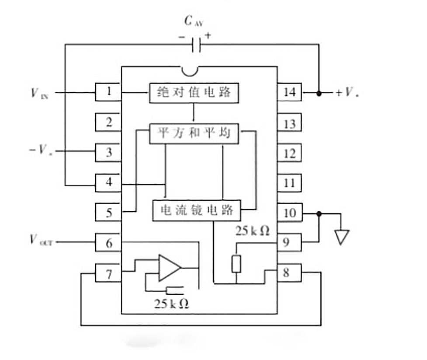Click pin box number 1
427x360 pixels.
point(108,92)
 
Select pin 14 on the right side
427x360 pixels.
point(289,92)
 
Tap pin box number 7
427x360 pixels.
point(108,275)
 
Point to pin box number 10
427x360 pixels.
point(289,213)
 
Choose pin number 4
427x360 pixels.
point(108,183)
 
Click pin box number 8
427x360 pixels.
point(287,273)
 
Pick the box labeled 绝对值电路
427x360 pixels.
point(195,93)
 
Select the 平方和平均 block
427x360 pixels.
point(195,133)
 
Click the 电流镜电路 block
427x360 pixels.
point(197,210)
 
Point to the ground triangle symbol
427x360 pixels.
point(342,237)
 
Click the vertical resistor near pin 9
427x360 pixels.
point(236,264)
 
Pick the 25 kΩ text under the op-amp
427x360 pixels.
point(172,303)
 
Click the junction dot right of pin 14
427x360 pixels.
point(319,93)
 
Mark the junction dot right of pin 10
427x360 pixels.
point(319,213)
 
